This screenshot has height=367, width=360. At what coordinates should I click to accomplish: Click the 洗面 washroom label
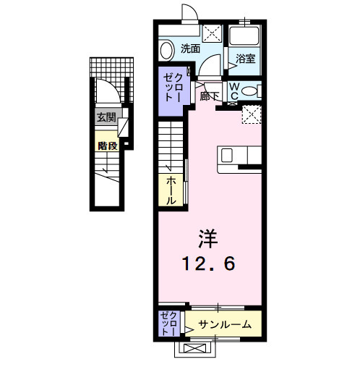(190, 49)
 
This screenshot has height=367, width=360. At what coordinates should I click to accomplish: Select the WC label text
(236, 90)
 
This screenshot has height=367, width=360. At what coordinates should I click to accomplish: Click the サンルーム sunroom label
(224, 325)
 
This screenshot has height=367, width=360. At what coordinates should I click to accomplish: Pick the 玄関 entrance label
(106, 118)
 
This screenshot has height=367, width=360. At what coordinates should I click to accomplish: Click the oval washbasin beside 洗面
(167, 50)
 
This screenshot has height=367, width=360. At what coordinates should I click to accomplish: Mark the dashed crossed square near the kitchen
(251, 114)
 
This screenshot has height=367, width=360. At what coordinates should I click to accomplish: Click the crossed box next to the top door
(213, 32)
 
